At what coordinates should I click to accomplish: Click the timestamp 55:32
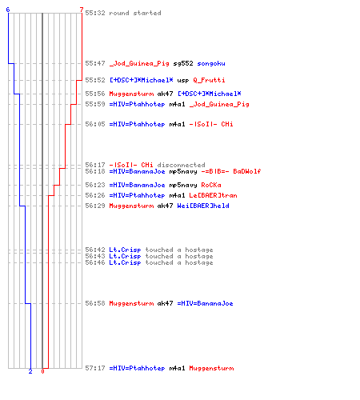95,13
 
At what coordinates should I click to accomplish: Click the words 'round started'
135,13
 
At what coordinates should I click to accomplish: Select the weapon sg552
183,63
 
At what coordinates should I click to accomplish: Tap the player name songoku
211,63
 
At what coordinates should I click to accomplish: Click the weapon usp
183,80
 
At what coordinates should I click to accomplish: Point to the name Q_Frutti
209,80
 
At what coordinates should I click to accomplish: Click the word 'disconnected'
181,165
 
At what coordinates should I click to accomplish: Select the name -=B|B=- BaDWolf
231,171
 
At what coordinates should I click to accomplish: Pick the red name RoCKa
211,185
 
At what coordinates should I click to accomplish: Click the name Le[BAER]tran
213,195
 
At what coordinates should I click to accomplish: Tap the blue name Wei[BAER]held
203,206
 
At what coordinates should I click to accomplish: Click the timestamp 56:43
95,256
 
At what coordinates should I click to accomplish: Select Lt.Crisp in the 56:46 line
125,262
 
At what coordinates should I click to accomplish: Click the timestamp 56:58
95,303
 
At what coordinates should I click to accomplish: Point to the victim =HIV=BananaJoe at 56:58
205,303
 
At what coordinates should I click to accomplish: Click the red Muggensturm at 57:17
211,368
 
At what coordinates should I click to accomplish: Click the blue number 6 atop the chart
8,10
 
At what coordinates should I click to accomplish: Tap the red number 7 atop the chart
82,10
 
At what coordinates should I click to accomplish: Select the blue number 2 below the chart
30,371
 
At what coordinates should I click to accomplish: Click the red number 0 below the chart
42,371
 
